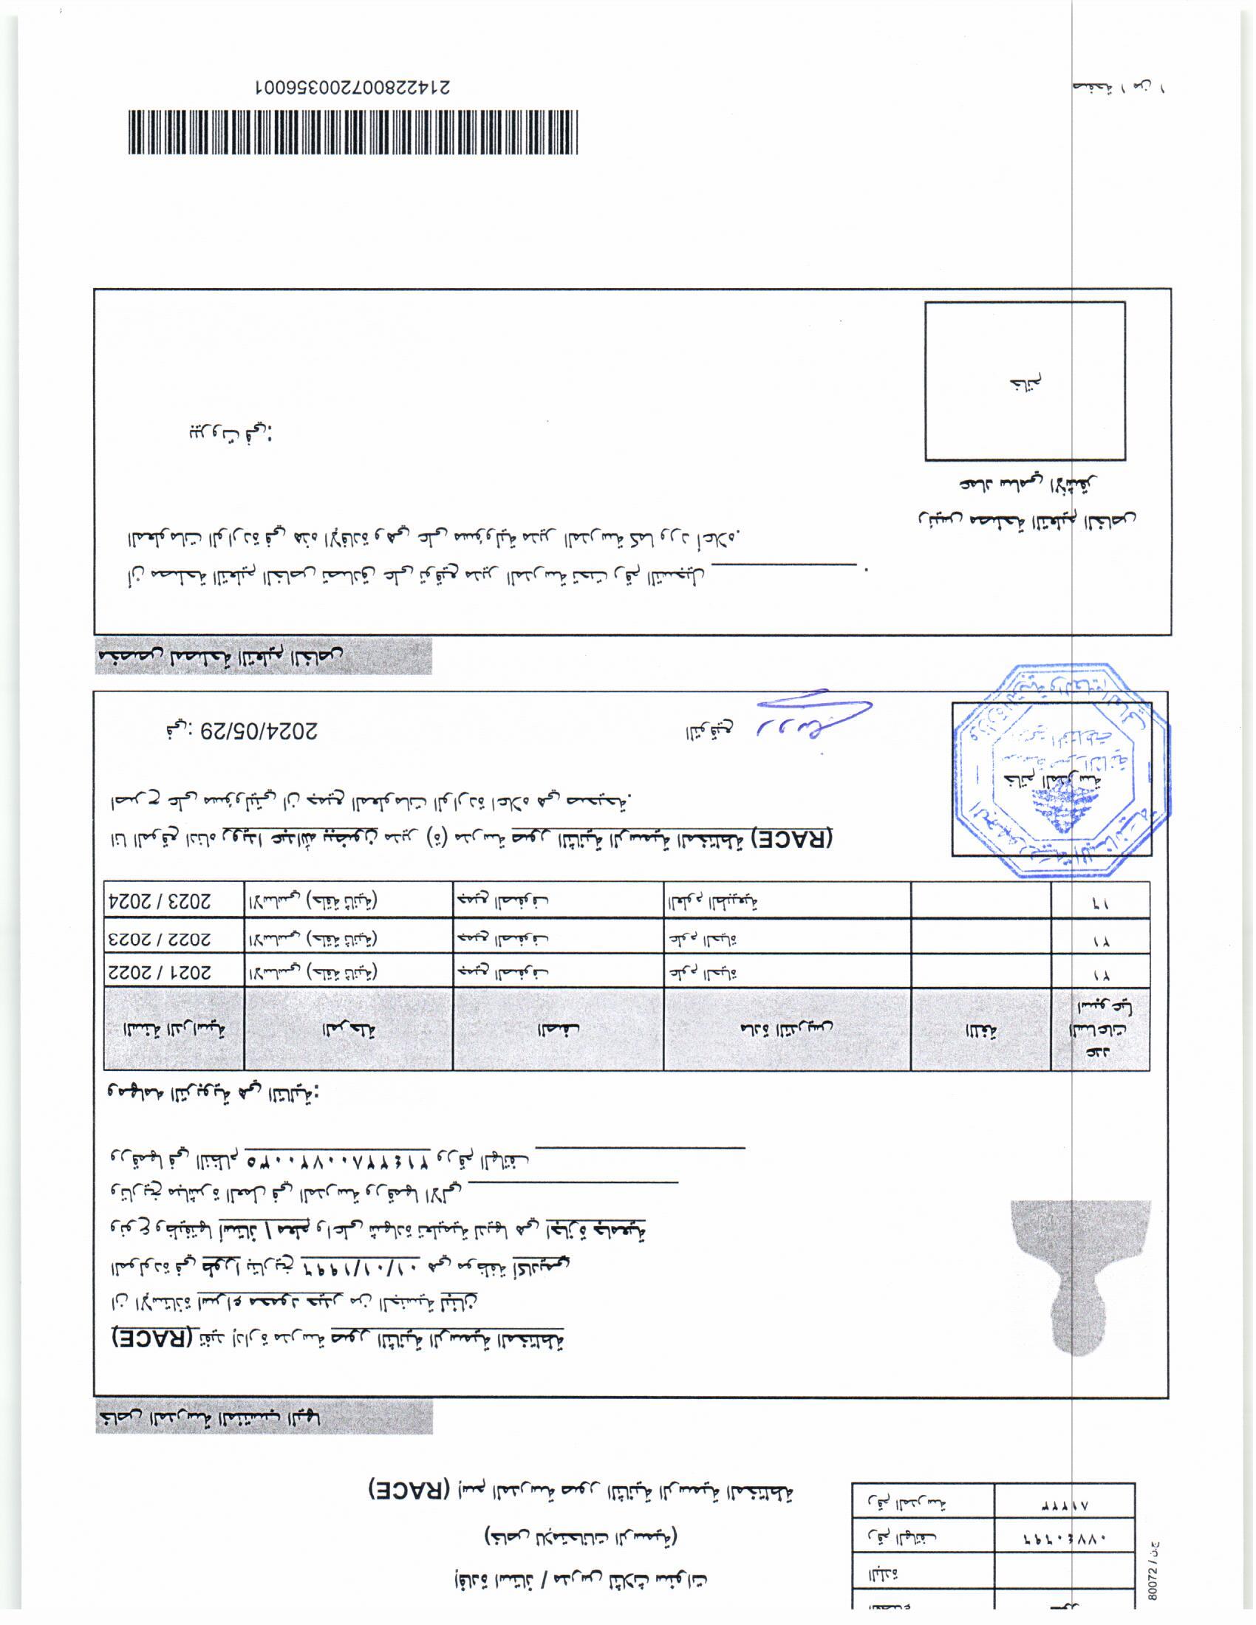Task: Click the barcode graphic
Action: [x=352, y=132]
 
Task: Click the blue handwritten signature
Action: [x=811, y=716]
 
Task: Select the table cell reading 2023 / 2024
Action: [x=174, y=900]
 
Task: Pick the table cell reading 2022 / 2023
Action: [x=174, y=937]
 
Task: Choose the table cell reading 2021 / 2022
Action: [x=174, y=972]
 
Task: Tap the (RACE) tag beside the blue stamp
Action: [x=793, y=837]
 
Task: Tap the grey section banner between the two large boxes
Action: [x=263, y=656]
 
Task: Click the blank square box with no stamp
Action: [x=1025, y=380]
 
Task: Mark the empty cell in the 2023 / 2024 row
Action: [x=980, y=900]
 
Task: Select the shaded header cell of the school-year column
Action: [x=174, y=1029]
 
